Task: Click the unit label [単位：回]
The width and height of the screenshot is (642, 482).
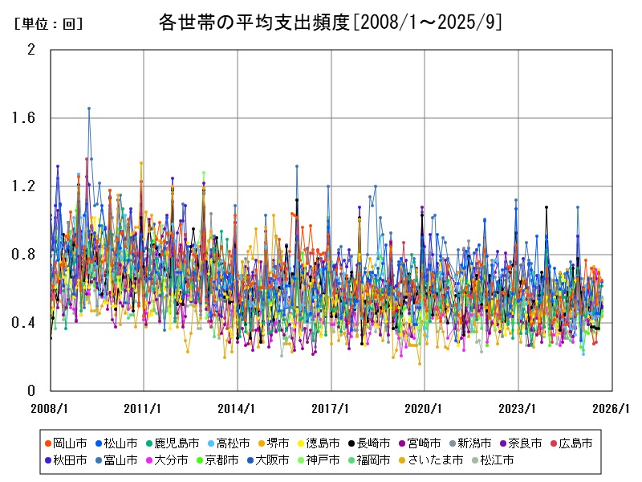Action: pos(48,24)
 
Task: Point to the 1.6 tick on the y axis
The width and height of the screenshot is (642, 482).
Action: pos(25,118)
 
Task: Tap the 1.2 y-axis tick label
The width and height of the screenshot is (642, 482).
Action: pos(25,186)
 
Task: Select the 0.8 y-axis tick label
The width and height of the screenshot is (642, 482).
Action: pos(25,255)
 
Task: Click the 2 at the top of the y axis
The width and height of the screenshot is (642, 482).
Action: pos(31,50)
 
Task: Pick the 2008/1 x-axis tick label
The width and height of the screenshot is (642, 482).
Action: pos(51,408)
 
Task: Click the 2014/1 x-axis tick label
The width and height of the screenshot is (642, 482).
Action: pos(238,408)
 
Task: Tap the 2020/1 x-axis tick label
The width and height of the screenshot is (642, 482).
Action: pos(425,408)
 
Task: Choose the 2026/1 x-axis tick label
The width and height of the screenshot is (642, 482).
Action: pos(612,408)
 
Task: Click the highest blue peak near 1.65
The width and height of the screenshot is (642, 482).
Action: pos(89,108)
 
